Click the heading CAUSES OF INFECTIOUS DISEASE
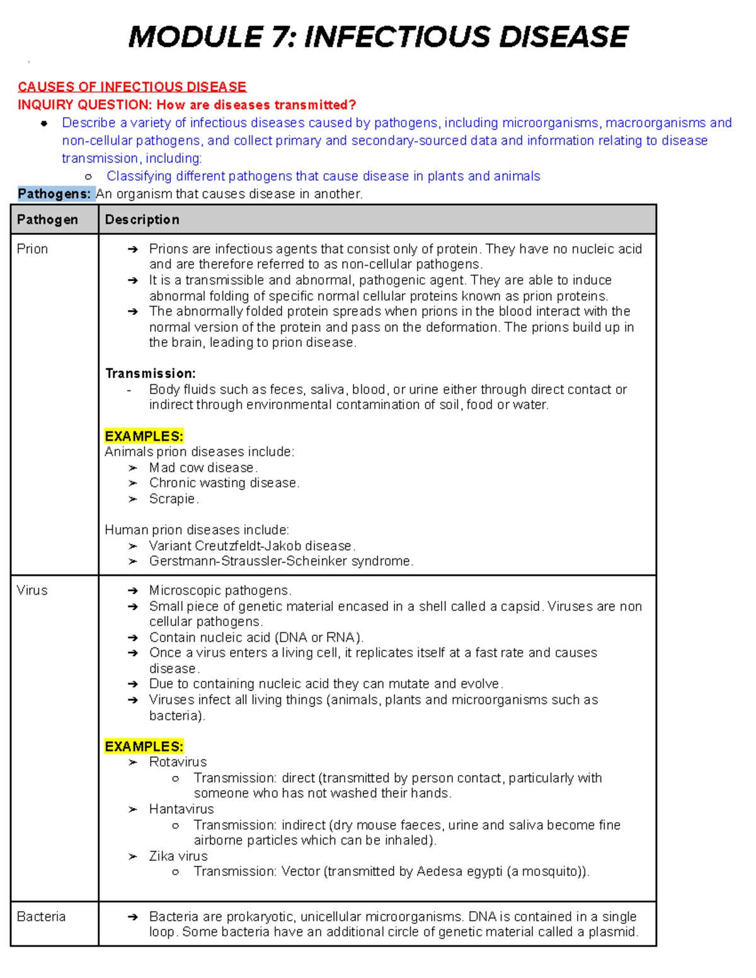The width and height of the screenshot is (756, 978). coord(132,87)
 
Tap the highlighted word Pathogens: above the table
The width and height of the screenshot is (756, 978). coord(55,194)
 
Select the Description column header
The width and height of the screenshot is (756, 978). coord(142,220)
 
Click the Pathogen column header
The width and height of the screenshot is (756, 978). coord(47,220)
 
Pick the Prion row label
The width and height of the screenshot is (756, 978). coord(32,249)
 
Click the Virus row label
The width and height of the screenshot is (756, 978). coord(32,590)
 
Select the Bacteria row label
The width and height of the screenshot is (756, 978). coord(41,916)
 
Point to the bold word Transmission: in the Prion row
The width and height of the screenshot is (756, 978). coord(150,373)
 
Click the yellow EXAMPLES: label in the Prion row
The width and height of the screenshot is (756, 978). coord(144,436)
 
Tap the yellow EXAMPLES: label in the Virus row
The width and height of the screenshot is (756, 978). coord(144,746)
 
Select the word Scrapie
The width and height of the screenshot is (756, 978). coord(173,499)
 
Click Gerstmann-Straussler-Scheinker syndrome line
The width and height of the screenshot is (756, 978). coord(281,561)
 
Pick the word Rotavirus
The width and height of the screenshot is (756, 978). coord(178,762)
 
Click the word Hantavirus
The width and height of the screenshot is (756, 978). coord(181,809)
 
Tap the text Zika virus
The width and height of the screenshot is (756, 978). coord(178,856)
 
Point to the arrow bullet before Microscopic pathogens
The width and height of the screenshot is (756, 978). coord(132,591)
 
